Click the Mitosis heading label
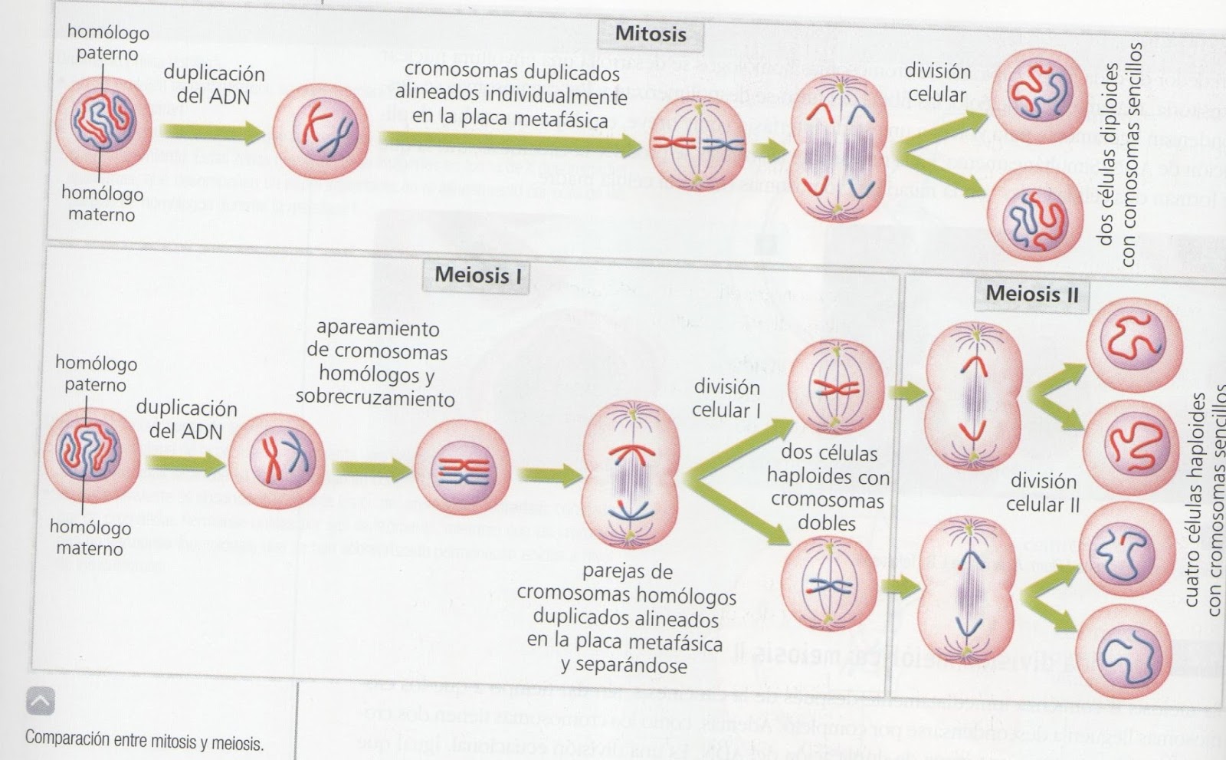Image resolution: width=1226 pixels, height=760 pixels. click(x=651, y=35)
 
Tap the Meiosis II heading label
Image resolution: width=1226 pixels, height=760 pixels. click(x=1031, y=294)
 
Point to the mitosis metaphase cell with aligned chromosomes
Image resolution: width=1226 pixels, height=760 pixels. click(x=697, y=144)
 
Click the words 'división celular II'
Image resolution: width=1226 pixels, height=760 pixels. click(x=1043, y=492)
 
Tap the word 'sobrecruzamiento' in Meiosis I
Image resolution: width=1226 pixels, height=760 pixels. click(x=375, y=399)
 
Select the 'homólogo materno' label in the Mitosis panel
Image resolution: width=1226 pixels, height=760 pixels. click(x=102, y=204)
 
